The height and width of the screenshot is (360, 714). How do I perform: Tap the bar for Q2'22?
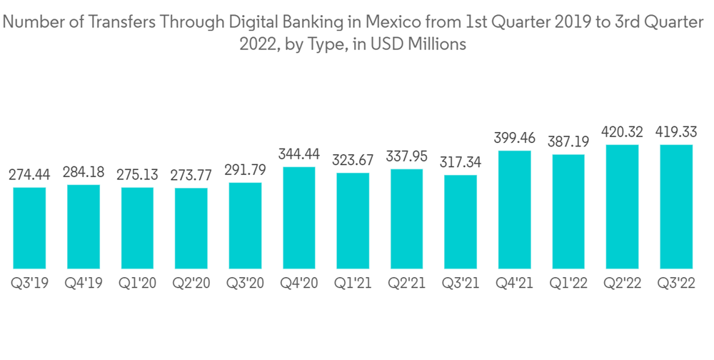tap(622, 206)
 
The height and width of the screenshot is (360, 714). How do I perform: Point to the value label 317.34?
tap(461, 162)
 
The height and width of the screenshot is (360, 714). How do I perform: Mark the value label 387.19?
tap(568, 141)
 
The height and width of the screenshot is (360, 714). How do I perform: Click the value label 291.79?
tap(245, 170)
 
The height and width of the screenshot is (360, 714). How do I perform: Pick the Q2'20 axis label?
tap(191, 284)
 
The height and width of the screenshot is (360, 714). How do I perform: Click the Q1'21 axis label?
tap(353, 284)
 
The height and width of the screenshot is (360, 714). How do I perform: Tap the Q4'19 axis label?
tap(84, 284)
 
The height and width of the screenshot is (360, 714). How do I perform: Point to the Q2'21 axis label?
tap(407, 284)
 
